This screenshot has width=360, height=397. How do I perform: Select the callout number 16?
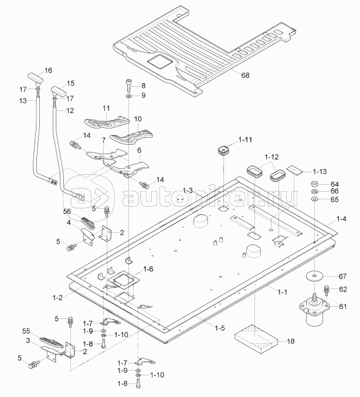48,70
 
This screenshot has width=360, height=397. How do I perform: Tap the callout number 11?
106,108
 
